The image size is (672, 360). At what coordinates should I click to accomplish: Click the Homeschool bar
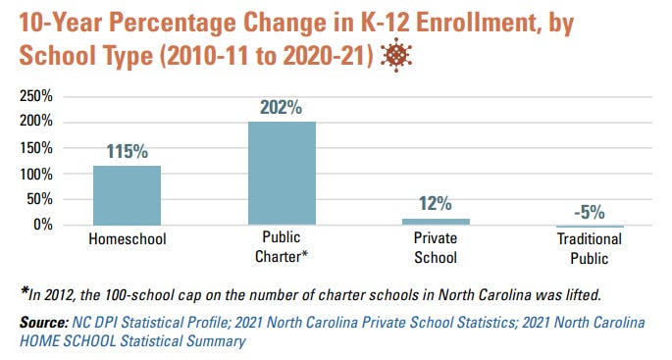coord(128,195)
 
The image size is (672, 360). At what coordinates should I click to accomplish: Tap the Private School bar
coord(436,222)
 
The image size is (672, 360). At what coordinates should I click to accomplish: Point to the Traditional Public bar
coord(590,227)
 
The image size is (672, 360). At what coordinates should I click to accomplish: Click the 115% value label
coord(128,152)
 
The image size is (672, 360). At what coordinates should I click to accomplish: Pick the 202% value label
coord(282,108)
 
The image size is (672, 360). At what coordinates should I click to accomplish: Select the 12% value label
coord(436,204)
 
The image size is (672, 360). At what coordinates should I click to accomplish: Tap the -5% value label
coord(590,211)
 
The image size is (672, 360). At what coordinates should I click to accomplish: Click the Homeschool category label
coord(128,239)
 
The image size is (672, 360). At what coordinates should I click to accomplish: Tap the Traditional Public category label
coord(590,249)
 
